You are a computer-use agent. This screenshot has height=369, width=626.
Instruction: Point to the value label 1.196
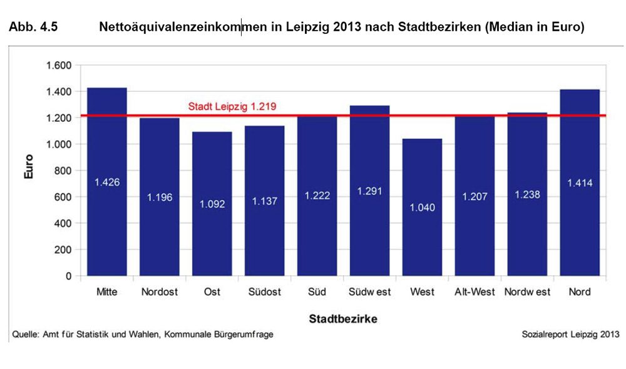(160, 197)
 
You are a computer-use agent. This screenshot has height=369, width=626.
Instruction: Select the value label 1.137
(264, 201)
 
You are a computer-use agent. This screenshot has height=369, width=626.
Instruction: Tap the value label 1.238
(527, 195)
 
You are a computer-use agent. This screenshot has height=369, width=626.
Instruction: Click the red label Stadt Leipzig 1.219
(232, 107)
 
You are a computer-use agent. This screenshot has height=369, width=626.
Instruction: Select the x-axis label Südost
(264, 292)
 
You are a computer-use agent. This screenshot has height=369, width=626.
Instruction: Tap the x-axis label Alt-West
(475, 292)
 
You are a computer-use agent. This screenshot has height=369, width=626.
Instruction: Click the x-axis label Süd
(317, 292)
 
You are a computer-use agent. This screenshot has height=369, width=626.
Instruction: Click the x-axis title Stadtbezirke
(342, 319)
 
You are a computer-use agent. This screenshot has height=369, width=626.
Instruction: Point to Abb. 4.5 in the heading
(31, 28)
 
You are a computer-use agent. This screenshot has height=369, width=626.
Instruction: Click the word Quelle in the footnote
(24, 335)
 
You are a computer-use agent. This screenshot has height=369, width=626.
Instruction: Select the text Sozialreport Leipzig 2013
(570, 335)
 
